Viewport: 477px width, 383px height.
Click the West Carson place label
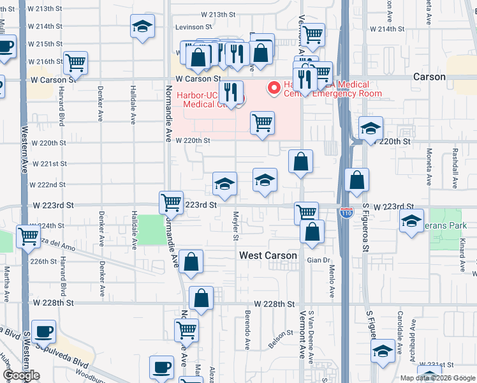[x=268, y=255]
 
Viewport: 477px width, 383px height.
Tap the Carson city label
[x=429, y=77]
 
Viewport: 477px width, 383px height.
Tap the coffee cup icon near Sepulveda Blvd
[x=43, y=332]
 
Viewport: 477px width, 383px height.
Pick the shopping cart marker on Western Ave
[x=28, y=236]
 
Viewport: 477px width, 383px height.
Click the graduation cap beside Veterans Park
[x=411, y=222]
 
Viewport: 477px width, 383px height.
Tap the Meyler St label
[x=235, y=226]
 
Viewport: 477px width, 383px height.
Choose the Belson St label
[x=276, y=339]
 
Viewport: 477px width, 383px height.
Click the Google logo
[x=22, y=375]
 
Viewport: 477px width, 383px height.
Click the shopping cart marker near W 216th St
[x=75, y=63]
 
